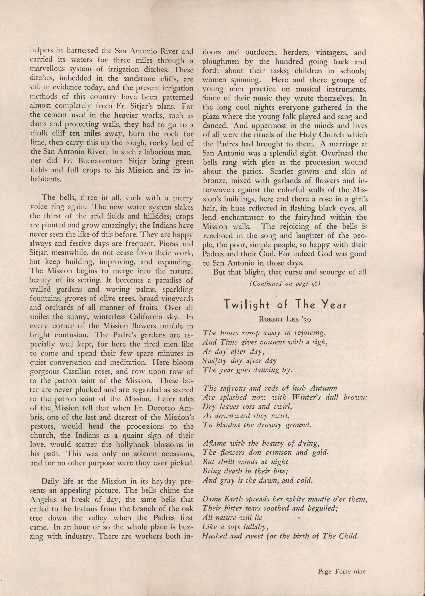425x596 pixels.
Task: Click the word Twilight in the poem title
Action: click(243, 305)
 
